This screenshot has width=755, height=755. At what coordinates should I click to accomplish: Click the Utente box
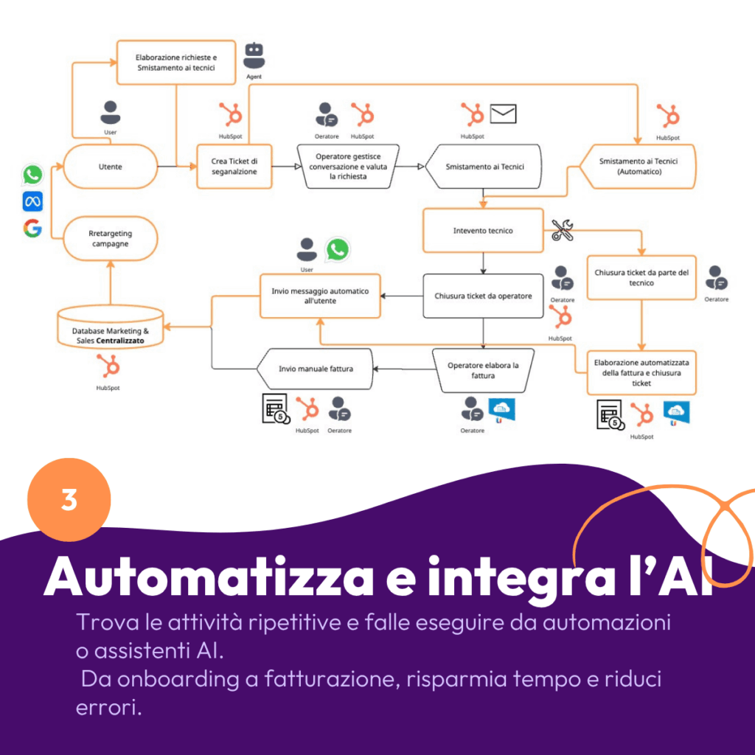point(110,167)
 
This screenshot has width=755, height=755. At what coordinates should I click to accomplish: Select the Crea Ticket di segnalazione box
point(234,167)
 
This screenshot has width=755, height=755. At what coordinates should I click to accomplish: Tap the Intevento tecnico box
point(483,231)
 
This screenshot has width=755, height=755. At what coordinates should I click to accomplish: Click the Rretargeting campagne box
point(110,238)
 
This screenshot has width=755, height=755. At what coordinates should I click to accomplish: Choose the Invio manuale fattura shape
point(315,369)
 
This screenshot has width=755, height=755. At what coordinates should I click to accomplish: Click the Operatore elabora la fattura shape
point(483,370)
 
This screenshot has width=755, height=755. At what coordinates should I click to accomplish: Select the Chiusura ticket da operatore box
point(483,296)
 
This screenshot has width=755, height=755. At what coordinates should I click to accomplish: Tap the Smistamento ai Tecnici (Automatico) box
point(639,167)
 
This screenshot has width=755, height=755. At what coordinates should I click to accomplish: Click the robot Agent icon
point(254,55)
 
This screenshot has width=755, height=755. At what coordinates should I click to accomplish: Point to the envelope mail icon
point(504,114)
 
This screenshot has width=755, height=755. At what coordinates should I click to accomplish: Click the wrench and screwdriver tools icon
point(562,231)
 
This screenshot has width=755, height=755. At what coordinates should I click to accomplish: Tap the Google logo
point(32,229)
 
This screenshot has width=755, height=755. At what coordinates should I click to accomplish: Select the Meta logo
point(32,201)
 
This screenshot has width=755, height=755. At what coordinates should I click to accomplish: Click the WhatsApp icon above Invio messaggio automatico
point(338,249)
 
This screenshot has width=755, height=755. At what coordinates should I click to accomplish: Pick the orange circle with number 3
point(69,500)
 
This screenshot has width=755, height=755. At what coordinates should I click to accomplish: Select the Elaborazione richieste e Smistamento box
point(176,63)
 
